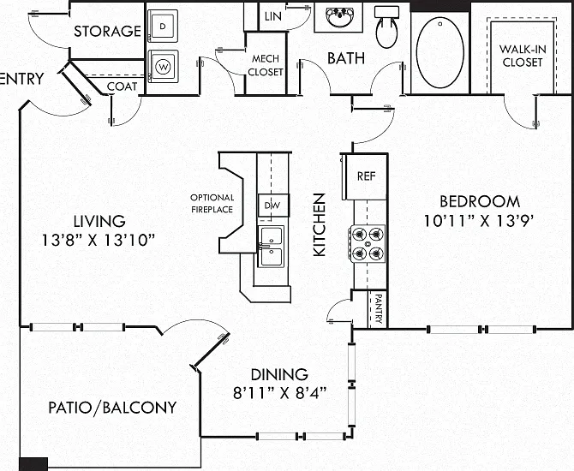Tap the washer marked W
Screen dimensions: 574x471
[x=163, y=67]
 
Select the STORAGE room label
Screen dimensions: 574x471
[x=107, y=31]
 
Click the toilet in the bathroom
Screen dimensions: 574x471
[x=386, y=27]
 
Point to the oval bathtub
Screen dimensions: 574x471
[x=439, y=52]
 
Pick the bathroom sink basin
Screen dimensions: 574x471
[x=340, y=16]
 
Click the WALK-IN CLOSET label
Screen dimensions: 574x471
[x=523, y=56]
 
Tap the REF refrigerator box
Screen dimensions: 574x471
[x=365, y=176]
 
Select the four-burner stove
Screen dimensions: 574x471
[x=368, y=243]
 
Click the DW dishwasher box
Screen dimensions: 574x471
[x=273, y=206]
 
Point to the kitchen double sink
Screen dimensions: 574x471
[x=271, y=247]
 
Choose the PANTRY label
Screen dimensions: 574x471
[x=379, y=309]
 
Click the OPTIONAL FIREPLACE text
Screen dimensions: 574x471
[x=212, y=204]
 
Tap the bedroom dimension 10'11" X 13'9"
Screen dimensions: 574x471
[x=477, y=221]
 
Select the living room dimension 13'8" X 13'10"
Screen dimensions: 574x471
[x=99, y=240]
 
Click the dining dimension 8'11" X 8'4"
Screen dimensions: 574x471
[x=279, y=393]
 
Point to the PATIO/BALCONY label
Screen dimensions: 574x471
[x=112, y=408]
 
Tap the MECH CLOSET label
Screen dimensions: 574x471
[x=266, y=65]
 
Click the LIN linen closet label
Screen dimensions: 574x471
[x=273, y=16]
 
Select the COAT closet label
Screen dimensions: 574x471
[x=122, y=86]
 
